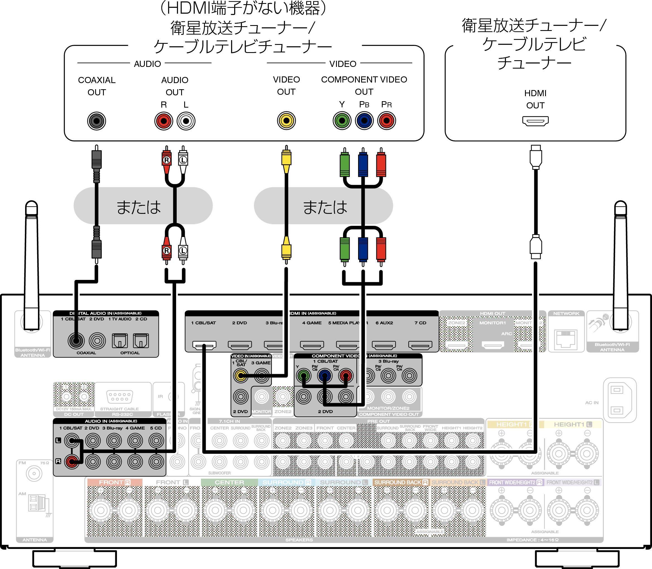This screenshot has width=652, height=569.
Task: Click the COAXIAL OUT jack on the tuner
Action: (96, 121)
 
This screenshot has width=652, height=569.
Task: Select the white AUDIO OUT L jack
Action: (186, 121)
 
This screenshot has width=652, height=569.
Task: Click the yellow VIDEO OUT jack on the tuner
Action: (286, 121)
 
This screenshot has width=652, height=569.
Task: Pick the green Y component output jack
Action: (342, 121)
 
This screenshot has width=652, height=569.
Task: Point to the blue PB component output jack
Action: (364, 121)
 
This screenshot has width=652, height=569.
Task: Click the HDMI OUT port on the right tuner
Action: (535, 121)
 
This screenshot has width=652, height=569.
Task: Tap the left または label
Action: (139, 207)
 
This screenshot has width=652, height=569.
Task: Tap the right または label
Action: (325, 207)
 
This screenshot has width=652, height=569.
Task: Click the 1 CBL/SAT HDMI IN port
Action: (204, 345)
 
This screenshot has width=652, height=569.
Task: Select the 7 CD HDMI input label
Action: (420, 323)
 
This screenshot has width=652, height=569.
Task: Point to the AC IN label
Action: (592, 403)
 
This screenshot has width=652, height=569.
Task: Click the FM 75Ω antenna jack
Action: (34, 474)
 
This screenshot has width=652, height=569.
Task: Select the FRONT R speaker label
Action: (114, 482)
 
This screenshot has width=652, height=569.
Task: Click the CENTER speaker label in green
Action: (229, 482)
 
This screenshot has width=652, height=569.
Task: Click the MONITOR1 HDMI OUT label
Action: (492, 323)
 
